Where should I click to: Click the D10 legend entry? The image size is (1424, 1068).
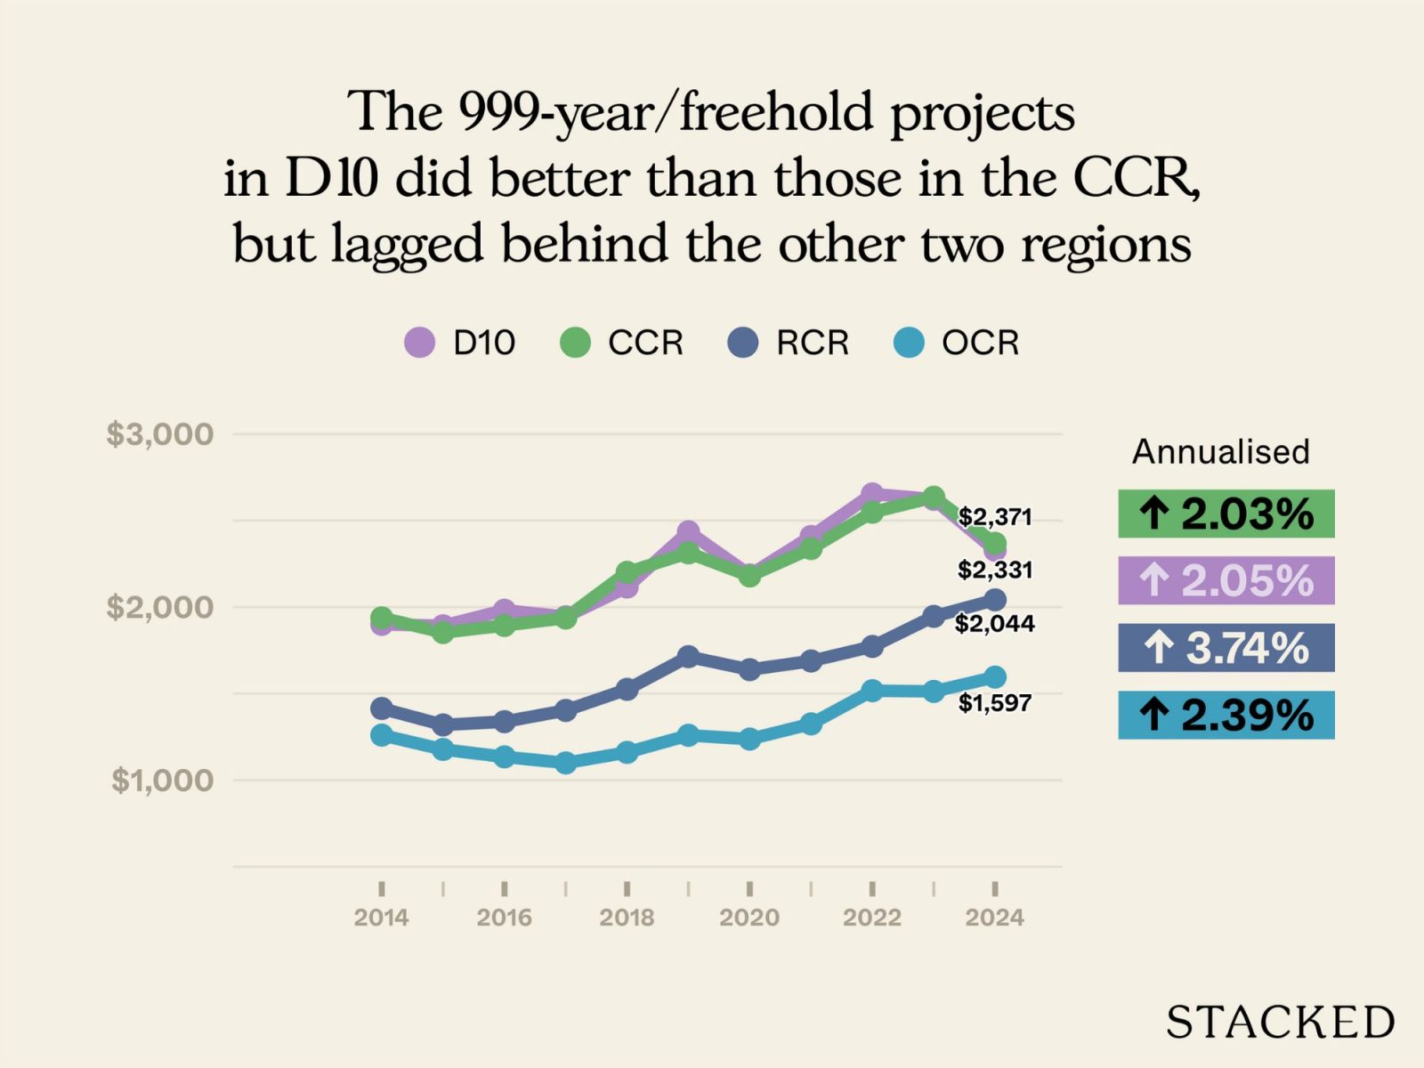tap(460, 343)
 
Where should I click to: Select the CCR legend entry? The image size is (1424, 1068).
tap(622, 343)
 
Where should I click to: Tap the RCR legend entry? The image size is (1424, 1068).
tap(789, 343)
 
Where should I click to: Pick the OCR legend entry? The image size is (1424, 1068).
tap(956, 343)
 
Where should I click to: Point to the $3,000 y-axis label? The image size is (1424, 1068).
tap(160, 434)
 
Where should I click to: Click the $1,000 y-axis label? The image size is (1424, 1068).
tap(163, 781)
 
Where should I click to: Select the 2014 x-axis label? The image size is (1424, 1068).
tap(381, 918)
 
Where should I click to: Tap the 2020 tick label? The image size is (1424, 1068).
tap(749, 918)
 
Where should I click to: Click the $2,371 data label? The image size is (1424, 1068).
tap(995, 517)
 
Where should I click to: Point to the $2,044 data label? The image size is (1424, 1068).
tap(995, 624)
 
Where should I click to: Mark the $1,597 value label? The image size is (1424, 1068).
tap(995, 703)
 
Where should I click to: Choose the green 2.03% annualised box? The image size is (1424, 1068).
tap(1226, 514)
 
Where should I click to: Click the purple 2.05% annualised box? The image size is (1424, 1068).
tap(1226, 580)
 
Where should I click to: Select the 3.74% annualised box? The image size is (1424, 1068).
tap(1226, 648)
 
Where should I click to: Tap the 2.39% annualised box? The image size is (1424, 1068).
tap(1226, 715)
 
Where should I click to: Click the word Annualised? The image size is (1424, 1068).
tap(1220, 452)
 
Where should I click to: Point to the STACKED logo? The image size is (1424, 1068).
tap(1280, 1022)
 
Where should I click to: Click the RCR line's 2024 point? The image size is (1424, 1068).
tap(995, 600)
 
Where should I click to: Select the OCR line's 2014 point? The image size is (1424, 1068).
tap(382, 735)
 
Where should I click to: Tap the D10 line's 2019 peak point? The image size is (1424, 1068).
tap(688, 532)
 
